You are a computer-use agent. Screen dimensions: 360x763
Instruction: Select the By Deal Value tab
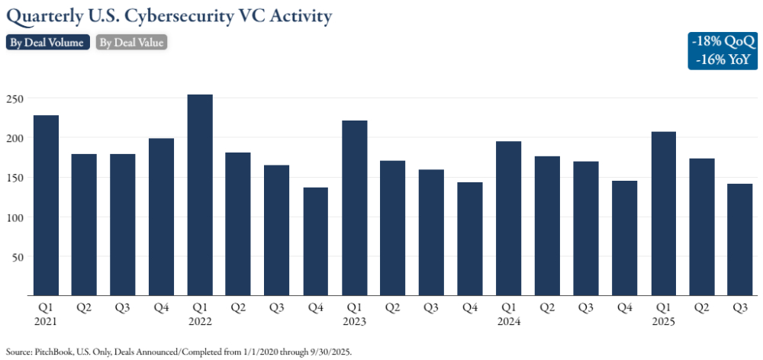(132, 43)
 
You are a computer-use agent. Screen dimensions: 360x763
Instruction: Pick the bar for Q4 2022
(315, 241)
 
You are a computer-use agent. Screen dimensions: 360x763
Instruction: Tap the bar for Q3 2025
(740, 239)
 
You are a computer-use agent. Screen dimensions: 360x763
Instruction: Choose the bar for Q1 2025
(663, 214)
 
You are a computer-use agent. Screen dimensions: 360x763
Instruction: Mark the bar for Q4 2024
(624, 238)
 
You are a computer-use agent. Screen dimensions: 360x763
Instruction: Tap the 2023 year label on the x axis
(354, 321)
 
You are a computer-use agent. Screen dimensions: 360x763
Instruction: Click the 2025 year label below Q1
(663, 321)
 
